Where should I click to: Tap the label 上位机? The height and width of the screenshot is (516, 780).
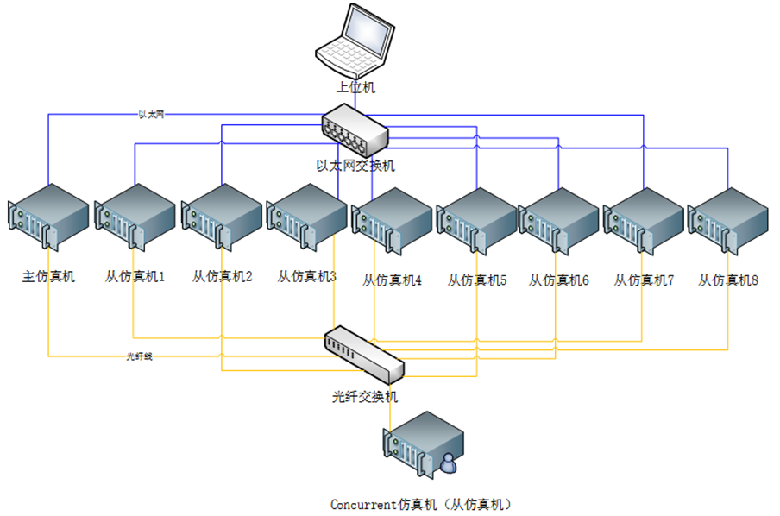click(x=355, y=87)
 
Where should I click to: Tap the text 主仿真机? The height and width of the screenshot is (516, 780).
click(x=48, y=277)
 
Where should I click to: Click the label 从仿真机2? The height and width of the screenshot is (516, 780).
click(x=222, y=277)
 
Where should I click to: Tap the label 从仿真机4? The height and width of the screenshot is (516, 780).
click(x=392, y=280)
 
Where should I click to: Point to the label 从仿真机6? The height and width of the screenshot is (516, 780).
click(x=558, y=280)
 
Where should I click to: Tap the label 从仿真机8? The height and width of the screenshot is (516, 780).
click(x=728, y=280)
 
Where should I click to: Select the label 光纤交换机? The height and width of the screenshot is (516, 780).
click(x=365, y=397)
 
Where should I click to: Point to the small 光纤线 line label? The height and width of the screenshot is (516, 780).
click(x=139, y=356)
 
